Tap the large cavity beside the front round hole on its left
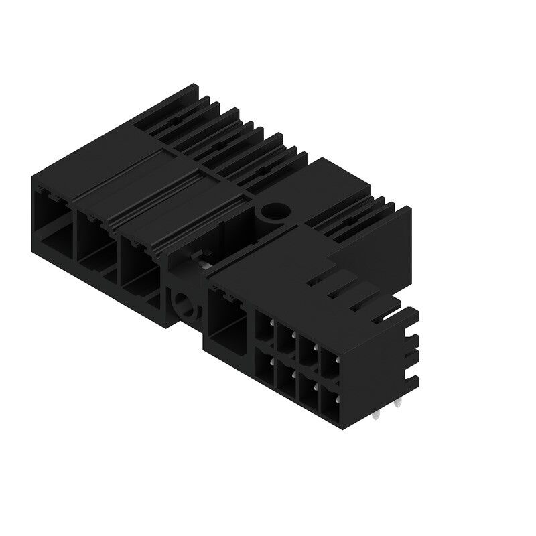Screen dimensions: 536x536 (139, 264)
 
